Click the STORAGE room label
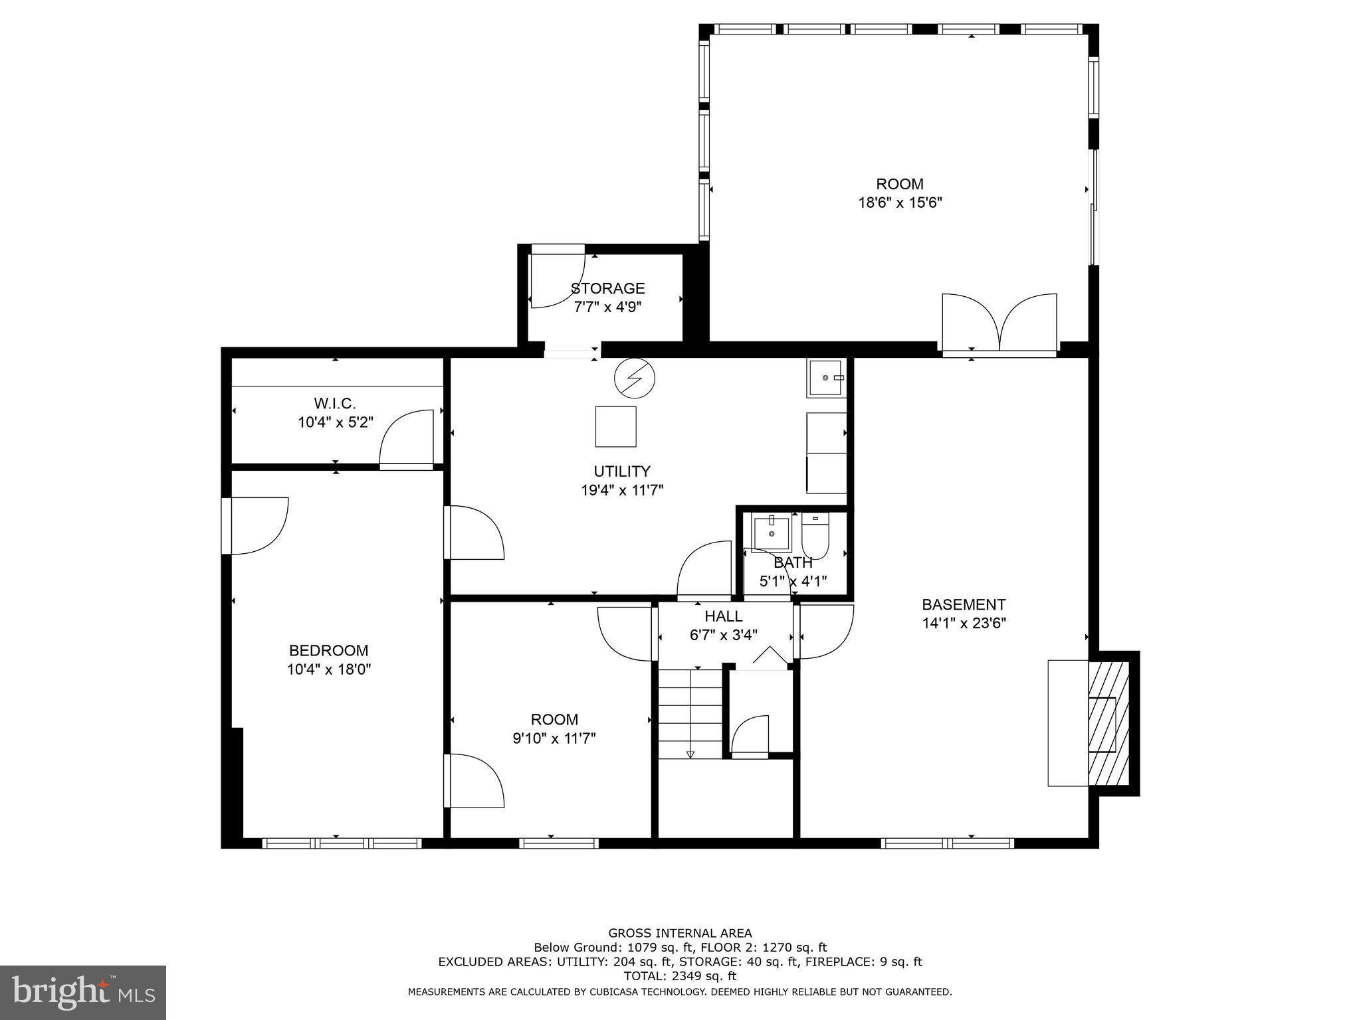click(x=607, y=288)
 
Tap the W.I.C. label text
click(x=335, y=403)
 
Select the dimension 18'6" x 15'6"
click(x=900, y=203)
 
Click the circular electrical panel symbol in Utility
click(x=634, y=378)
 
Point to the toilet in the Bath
click(x=815, y=537)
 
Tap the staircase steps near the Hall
click(x=690, y=713)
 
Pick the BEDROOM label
click(x=328, y=650)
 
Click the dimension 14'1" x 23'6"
click(x=964, y=624)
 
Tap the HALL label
click(x=723, y=616)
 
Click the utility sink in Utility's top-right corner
click(x=826, y=378)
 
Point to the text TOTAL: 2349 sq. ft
click(x=680, y=976)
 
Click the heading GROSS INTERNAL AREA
click(x=680, y=933)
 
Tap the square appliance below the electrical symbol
click(x=615, y=426)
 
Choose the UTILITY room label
click(x=621, y=471)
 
